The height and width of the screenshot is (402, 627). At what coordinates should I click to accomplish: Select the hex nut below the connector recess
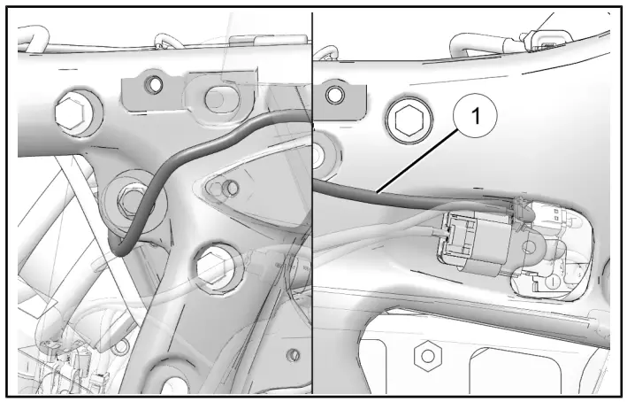(428, 355)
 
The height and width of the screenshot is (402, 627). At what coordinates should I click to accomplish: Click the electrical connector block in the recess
(469, 240)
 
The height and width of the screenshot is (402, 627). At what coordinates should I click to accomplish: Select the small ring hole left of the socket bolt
(335, 93)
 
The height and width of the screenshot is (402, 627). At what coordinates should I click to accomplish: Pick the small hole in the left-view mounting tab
(155, 85)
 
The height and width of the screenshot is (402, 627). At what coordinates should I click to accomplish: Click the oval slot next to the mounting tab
(215, 95)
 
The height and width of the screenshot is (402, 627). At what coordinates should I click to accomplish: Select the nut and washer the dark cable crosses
(129, 200)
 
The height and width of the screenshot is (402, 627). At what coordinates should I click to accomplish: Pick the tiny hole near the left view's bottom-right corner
(293, 354)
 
